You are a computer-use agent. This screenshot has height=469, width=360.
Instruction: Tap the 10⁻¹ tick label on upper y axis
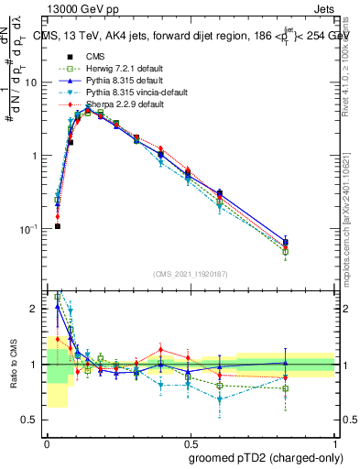tap(29, 228)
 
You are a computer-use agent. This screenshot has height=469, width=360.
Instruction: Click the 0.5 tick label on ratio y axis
tap(33, 420)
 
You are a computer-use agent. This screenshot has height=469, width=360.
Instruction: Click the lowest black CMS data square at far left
tap(57, 226)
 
